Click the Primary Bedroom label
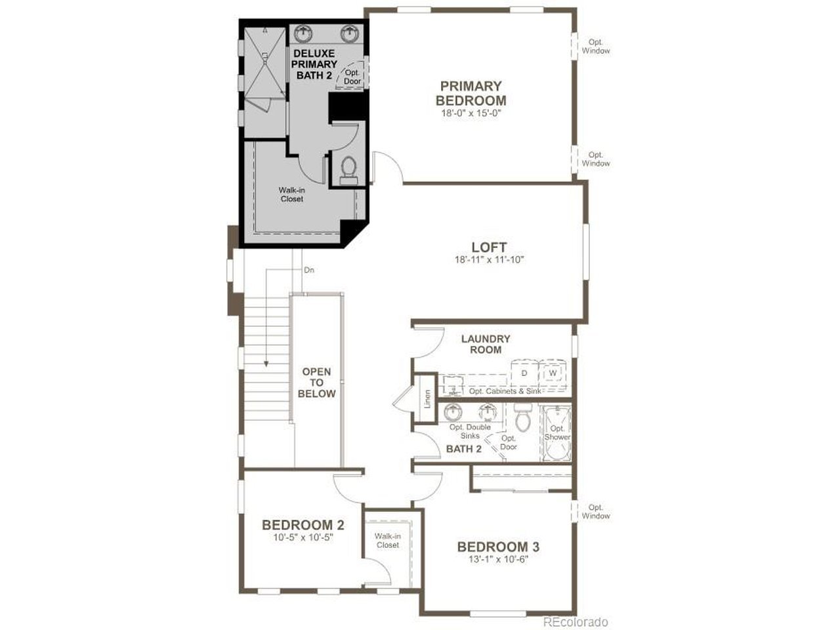(x=471, y=93)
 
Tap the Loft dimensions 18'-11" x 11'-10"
(x=489, y=260)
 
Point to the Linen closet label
(x=427, y=399)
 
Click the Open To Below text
(x=316, y=382)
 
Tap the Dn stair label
(x=309, y=270)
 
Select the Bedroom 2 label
(x=303, y=524)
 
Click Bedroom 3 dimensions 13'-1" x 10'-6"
(x=498, y=559)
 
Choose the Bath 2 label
(x=463, y=449)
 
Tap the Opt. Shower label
(x=556, y=432)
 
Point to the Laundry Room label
(x=486, y=345)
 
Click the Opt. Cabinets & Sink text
(x=505, y=391)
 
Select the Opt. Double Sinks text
(x=470, y=431)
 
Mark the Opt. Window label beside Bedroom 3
(x=595, y=511)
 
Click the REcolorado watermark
(x=576, y=622)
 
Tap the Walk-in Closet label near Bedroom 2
(x=387, y=541)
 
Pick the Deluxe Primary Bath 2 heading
(x=314, y=64)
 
